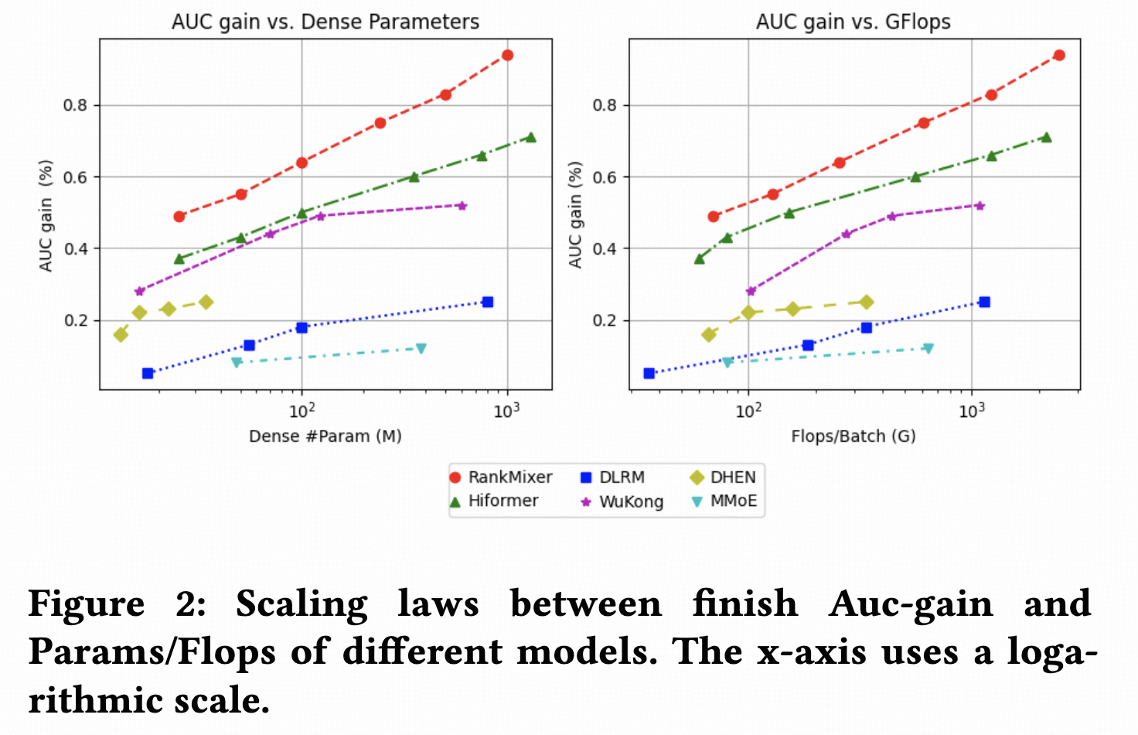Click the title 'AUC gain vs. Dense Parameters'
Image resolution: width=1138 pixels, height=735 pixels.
point(325,22)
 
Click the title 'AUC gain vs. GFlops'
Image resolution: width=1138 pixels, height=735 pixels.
point(853,22)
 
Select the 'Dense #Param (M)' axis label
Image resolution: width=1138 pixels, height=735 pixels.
point(325,436)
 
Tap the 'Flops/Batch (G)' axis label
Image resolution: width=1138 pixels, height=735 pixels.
point(853,436)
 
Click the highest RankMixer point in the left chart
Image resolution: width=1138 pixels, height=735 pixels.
point(507,55)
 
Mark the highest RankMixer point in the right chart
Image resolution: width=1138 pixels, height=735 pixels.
point(1059,55)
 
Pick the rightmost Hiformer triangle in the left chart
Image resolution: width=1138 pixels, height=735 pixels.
point(530,137)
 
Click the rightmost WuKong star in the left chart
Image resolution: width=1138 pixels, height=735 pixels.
point(462,206)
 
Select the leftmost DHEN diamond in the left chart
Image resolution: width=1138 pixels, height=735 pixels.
point(121,335)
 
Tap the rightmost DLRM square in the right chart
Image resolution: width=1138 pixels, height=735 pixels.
point(984,302)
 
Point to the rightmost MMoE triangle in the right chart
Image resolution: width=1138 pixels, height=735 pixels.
point(928,349)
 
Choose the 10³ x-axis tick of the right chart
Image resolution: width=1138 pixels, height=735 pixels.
point(971,412)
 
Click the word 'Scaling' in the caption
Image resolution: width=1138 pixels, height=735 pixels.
point(302,604)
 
